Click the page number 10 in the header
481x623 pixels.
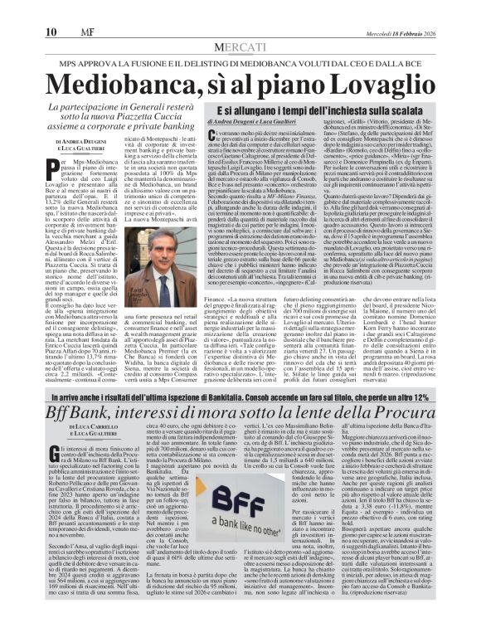point(16,9)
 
